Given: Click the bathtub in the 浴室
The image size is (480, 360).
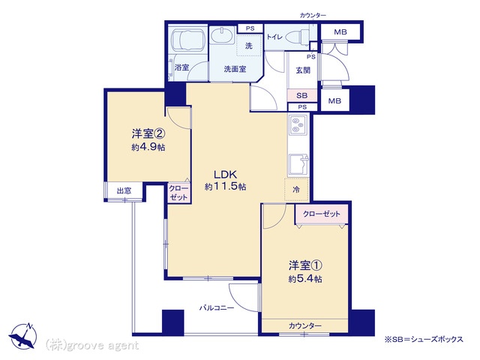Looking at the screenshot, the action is (187, 40).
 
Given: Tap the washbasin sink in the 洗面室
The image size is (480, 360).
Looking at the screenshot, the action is (222, 36).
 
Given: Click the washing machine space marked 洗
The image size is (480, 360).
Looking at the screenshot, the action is (249, 45).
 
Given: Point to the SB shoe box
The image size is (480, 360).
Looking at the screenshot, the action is (302, 95).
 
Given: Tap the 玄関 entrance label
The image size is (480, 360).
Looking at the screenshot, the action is (303, 70).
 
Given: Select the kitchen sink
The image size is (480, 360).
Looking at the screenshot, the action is (298, 164).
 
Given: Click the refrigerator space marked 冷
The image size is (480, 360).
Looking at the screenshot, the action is (296, 190).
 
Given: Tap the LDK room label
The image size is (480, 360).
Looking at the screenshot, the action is (225, 175).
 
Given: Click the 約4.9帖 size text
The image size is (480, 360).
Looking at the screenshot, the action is (148, 147).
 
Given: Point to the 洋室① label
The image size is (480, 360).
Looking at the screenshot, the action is (305, 265).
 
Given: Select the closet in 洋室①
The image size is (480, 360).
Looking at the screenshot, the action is (322, 214).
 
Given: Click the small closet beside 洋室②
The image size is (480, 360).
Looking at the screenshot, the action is (178, 193).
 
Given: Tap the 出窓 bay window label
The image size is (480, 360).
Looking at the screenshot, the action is (124, 191).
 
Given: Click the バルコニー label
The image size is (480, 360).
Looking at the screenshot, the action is (217, 307).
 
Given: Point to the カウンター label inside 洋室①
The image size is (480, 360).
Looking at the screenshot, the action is (305, 325).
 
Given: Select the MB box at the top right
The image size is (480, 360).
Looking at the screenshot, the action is (340, 31).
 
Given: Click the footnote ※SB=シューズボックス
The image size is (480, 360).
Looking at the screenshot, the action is (424, 339).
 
